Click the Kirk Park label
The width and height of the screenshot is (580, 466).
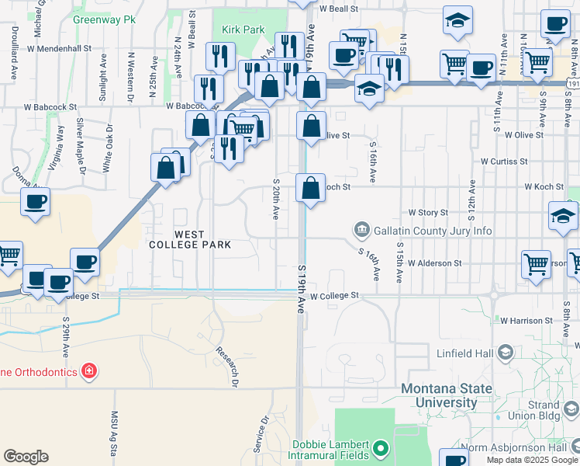(243, 30)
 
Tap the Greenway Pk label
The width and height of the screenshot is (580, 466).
(100, 18)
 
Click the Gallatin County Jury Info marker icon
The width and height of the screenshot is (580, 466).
(361, 230)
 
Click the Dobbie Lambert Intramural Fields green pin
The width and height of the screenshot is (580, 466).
(380, 448)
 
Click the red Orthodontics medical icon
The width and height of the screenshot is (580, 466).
(90, 371)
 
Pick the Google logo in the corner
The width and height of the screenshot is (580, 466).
(26, 457)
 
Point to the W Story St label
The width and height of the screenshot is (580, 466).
(428, 212)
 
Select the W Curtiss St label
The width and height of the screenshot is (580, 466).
(504, 162)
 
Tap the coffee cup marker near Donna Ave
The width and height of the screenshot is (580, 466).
(35, 202)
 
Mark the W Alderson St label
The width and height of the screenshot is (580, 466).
(434, 263)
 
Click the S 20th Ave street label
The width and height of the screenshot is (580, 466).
(275, 198)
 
